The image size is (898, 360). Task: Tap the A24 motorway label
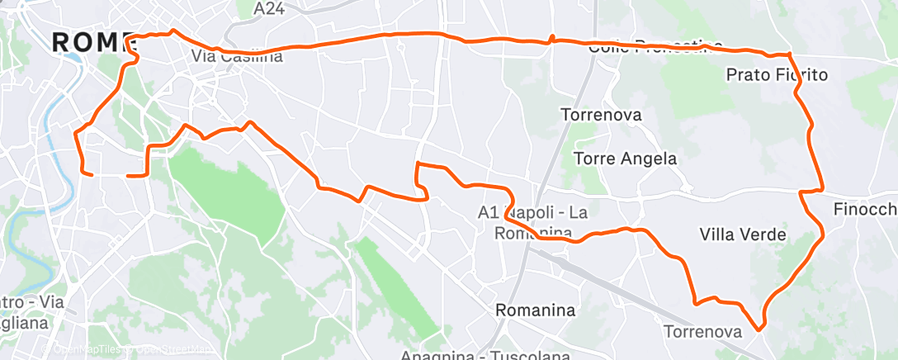[x=269, y=8]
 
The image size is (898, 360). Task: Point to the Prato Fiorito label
[x=776, y=75]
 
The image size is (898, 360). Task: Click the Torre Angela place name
[x=625, y=159]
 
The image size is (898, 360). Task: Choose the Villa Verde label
[x=742, y=234]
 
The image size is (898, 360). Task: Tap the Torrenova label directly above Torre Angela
[x=601, y=115]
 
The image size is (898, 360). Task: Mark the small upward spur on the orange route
[x=551, y=38]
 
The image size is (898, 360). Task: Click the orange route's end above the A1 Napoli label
[x=418, y=164]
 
